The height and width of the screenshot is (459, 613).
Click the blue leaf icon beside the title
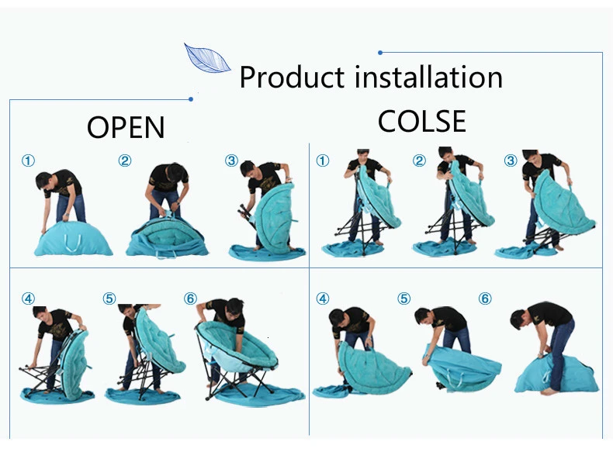tap(206, 58)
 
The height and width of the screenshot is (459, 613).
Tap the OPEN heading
tap(126, 127)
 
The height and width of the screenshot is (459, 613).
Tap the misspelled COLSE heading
tap(421, 122)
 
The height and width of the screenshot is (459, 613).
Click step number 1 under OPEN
tap(28, 161)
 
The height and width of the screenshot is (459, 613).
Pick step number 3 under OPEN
tap(231, 161)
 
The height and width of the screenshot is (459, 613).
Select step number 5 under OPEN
tap(109, 299)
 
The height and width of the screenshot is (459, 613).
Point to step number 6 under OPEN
tap(191, 299)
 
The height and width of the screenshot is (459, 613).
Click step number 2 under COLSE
tap(419, 161)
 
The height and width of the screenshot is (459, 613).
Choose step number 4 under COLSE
tap(323, 299)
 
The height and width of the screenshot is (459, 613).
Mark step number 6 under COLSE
tap(485, 299)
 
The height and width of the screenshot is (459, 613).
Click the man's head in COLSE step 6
tap(521, 318)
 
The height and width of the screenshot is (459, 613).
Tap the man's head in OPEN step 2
tap(177, 171)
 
